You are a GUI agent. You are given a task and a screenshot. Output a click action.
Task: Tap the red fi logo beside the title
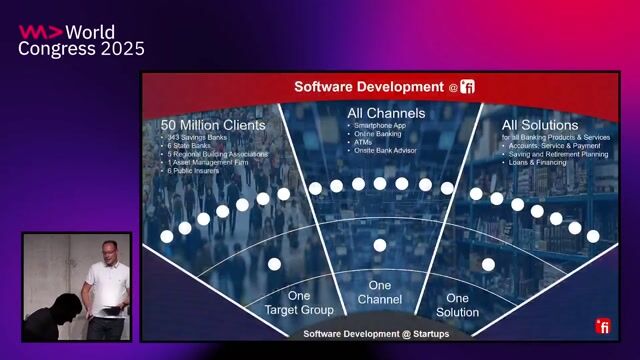[468, 87]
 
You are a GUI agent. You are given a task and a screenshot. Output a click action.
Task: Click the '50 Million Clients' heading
[213, 125]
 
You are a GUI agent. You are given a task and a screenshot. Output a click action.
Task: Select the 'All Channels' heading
[386, 113]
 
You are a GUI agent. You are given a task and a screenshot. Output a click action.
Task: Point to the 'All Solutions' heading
[540, 125]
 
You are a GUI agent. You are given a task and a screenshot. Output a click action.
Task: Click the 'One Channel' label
[379, 293]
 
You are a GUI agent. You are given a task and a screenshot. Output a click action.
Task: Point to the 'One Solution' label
[457, 305]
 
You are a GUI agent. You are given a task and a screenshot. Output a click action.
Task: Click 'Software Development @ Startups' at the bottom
[375, 333]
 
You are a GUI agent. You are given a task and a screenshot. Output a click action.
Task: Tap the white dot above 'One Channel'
[380, 245]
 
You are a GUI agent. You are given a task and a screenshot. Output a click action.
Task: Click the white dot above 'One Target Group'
[274, 264]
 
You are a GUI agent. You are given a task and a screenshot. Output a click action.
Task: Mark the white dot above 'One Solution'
[488, 264]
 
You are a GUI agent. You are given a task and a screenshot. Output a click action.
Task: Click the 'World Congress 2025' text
[81, 40]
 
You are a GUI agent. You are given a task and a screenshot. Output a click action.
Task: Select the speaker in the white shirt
[104, 285]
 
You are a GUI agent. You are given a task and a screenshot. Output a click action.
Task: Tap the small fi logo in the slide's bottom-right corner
[603, 326]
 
